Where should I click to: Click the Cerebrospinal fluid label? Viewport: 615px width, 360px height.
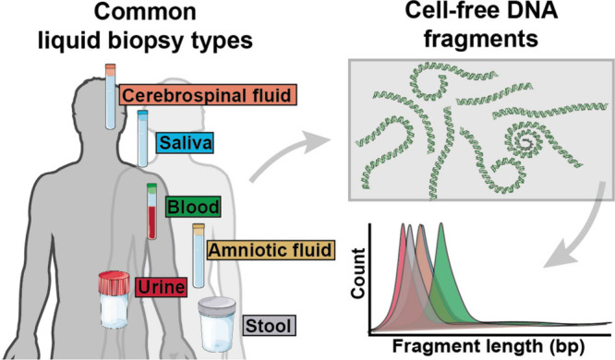(x=208, y=95)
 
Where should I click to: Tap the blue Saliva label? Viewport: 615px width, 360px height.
(x=185, y=143)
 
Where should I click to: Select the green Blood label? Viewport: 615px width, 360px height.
(x=193, y=206)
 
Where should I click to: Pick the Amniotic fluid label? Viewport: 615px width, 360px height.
(x=271, y=249)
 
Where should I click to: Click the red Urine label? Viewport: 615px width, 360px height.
(x=162, y=287)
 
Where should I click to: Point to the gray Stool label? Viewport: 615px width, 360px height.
(x=269, y=326)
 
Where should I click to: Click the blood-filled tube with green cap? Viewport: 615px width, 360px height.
(x=151, y=211)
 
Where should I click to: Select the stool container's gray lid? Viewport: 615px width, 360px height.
(x=217, y=306)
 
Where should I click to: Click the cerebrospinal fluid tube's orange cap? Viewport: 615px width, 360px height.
(x=111, y=70)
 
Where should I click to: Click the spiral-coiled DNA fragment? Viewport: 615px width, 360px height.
(x=525, y=142)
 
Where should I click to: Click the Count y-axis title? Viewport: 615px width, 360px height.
(x=358, y=273)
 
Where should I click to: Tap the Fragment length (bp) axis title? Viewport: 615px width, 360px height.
(x=488, y=346)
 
